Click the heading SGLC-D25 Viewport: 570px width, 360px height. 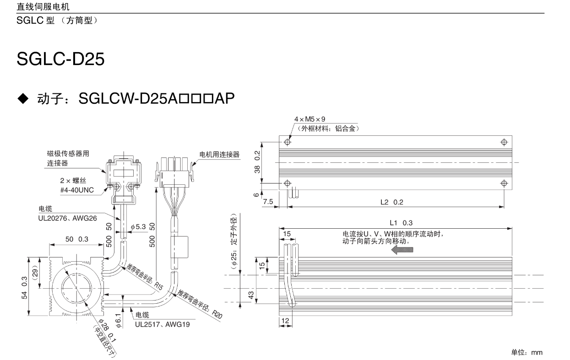[61, 58]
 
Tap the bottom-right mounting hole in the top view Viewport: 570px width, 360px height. [504, 183]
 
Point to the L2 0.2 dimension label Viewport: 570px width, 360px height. [392, 202]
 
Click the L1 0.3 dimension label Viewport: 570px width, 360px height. [401, 223]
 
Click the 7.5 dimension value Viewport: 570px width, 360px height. [268, 202]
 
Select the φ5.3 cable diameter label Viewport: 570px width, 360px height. [139, 226]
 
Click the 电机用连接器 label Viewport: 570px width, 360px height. [219, 155]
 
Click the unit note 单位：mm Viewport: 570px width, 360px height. [527, 352]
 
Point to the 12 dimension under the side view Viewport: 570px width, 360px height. [285, 321]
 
